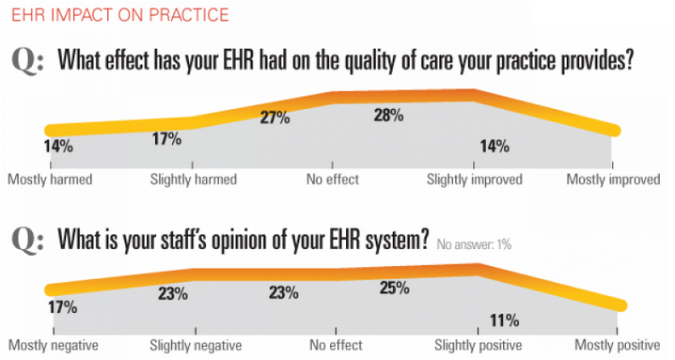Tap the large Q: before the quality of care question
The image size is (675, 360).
click(x=29, y=62)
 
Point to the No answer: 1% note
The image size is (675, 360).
click(x=473, y=244)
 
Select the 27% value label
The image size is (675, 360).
click(x=275, y=117)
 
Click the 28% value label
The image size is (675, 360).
click(x=388, y=116)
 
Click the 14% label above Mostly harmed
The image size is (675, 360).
click(x=57, y=146)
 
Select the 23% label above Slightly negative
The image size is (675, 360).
click(x=171, y=293)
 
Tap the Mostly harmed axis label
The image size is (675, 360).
click(x=50, y=179)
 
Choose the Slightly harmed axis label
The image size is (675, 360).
click(x=194, y=179)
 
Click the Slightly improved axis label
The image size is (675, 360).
click(x=474, y=179)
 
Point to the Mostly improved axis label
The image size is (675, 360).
click(x=616, y=179)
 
